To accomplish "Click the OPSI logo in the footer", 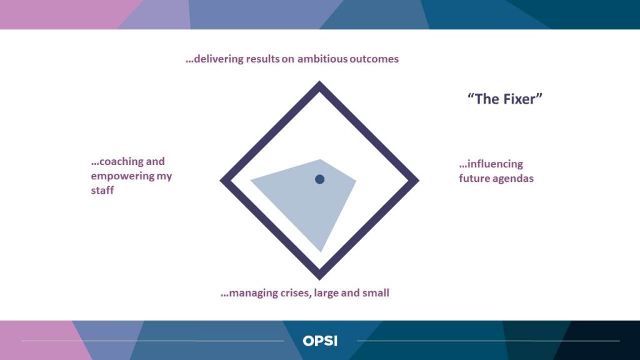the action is (x=320, y=341).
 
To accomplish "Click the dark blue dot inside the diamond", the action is (x=319, y=179).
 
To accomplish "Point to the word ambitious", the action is (x=322, y=59).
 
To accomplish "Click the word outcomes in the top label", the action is (x=374, y=59).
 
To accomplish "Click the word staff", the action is (x=102, y=190).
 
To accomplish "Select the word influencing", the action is (x=495, y=164).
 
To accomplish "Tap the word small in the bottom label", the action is (x=377, y=293).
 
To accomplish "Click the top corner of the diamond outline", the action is (x=319, y=81).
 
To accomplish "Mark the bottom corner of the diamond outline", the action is (x=319, y=280).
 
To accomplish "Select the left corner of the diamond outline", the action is (x=221, y=181).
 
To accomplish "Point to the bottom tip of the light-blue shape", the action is (x=321, y=252).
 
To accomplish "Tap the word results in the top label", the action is (x=262, y=59).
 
